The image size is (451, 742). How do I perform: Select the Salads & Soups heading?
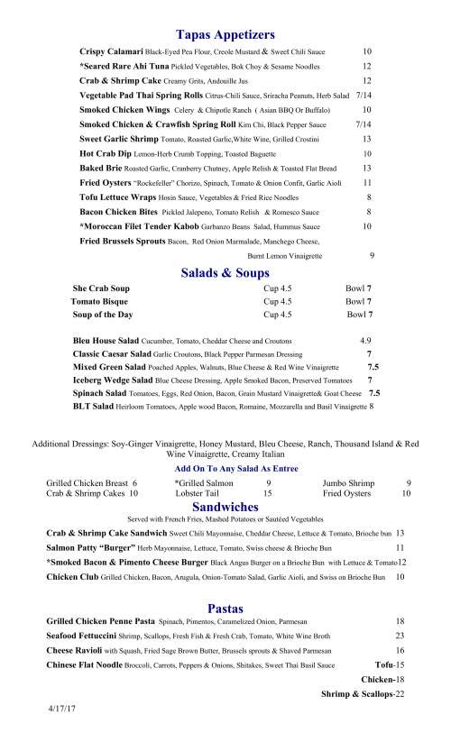pyautogui.click(x=225, y=273)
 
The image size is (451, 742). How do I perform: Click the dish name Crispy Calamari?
pyautogui.click(x=111, y=52)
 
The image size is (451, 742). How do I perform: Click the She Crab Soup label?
pyautogui.click(x=101, y=289)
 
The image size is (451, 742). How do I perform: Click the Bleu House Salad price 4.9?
pyautogui.click(x=365, y=342)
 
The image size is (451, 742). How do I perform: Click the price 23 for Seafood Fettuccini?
pyautogui.click(x=400, y=637)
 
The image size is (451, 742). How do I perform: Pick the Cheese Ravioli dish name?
pyautogui.click(x=74, y=649)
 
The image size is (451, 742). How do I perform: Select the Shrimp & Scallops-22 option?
pyautogui.click(x=363, y=693)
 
